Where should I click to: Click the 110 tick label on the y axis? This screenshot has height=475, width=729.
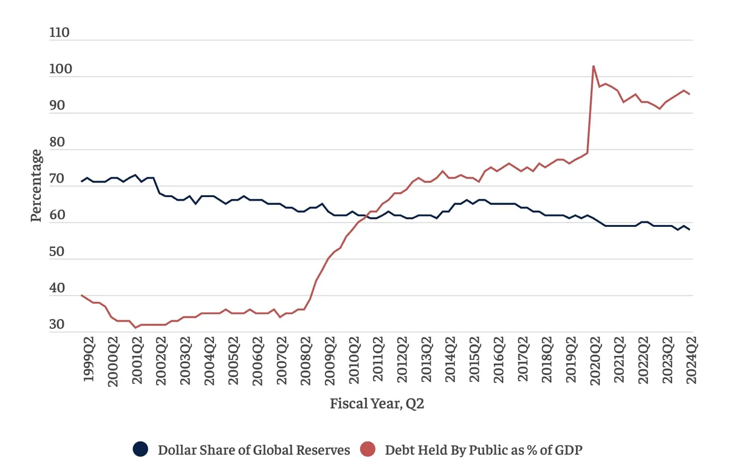[x=60, y=33]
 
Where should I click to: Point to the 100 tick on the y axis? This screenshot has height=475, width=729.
[x=60, y=70]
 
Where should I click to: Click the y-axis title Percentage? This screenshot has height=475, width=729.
[x=38, y=185]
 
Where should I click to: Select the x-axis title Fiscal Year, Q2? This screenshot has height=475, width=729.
[x=377, y=404]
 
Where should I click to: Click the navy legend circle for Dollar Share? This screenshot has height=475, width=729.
[x=140, y=450]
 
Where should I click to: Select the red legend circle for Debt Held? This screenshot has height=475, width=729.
[x=368, y=450]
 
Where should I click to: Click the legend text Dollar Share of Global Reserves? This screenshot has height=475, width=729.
[x=254, y=450]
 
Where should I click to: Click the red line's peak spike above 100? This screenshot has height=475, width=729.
[x=593, y=66]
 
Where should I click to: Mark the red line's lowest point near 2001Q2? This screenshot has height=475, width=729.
[x=136, y=328]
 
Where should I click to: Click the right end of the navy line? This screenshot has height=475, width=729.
[x=690, y=230]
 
